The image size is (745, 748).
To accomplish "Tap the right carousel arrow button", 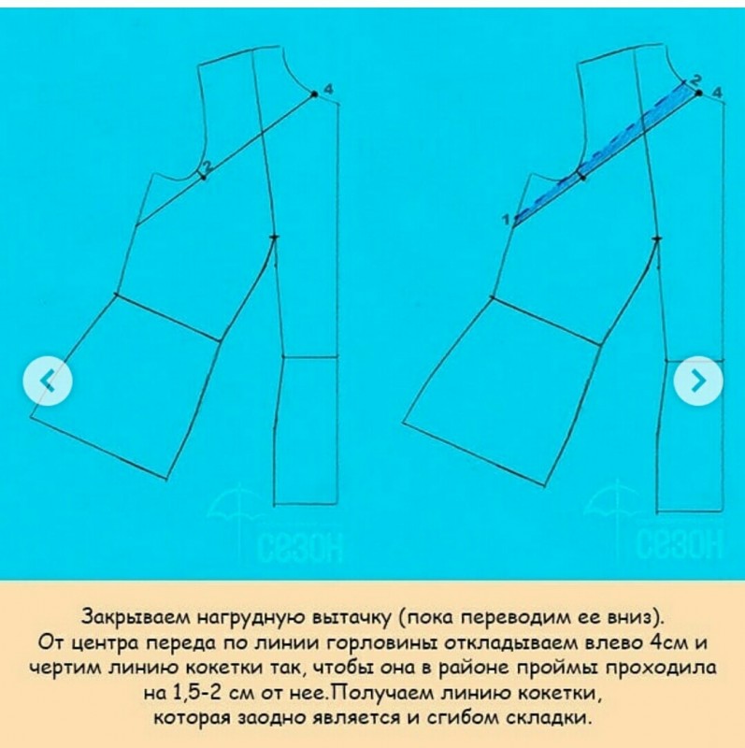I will pyautogui.click(x=698, y=380).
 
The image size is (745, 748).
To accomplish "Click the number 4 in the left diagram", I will pyautogui.click(x=328, y=88).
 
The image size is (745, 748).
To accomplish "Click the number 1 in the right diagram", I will pyautogui.click(x=506, y=219).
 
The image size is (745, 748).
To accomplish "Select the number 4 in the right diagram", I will pyautogui.click(x=716, y=92).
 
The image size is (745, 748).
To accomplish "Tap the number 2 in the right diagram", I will pyautogui.click(x=695, y=80).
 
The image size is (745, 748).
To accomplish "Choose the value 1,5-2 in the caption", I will pyautogui.click(x=192, y=694).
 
